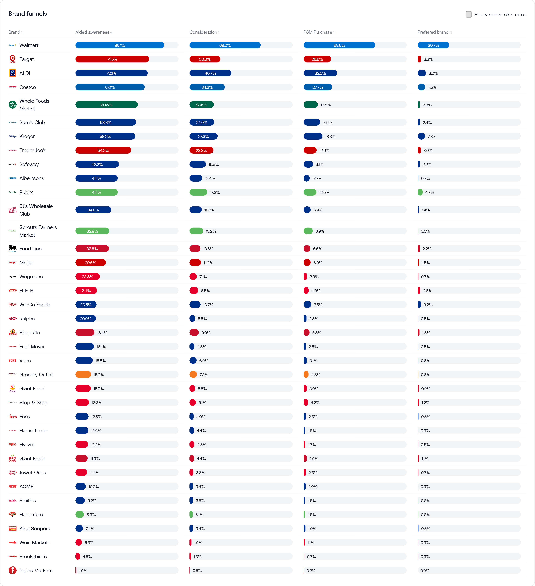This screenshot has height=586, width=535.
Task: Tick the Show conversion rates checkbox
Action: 468,15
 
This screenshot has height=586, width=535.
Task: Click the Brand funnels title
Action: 28,14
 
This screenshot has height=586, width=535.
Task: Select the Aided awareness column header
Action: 92,32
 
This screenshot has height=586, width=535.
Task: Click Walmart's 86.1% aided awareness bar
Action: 120,45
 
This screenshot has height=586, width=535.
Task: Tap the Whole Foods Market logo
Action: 13,105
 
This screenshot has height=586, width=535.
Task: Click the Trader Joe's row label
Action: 33,150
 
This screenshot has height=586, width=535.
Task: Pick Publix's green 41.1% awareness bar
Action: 96,192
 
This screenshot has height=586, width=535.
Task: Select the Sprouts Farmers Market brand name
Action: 38,231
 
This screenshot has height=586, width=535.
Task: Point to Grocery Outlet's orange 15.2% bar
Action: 83,375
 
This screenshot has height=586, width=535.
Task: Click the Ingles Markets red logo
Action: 13,570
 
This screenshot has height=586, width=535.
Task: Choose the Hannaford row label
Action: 31,514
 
